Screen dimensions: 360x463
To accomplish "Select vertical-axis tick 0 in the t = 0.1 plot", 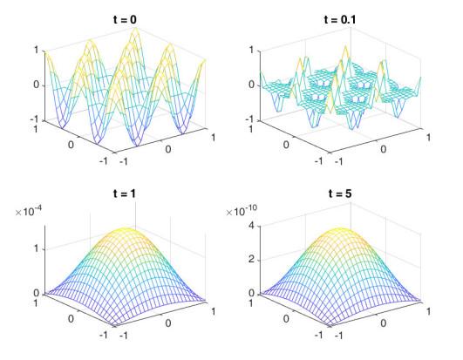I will tap(253, 85).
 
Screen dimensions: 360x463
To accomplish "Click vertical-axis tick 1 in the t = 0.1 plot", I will tap(253, 50).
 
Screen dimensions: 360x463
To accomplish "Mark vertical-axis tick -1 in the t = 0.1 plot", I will tap(251, 119).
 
